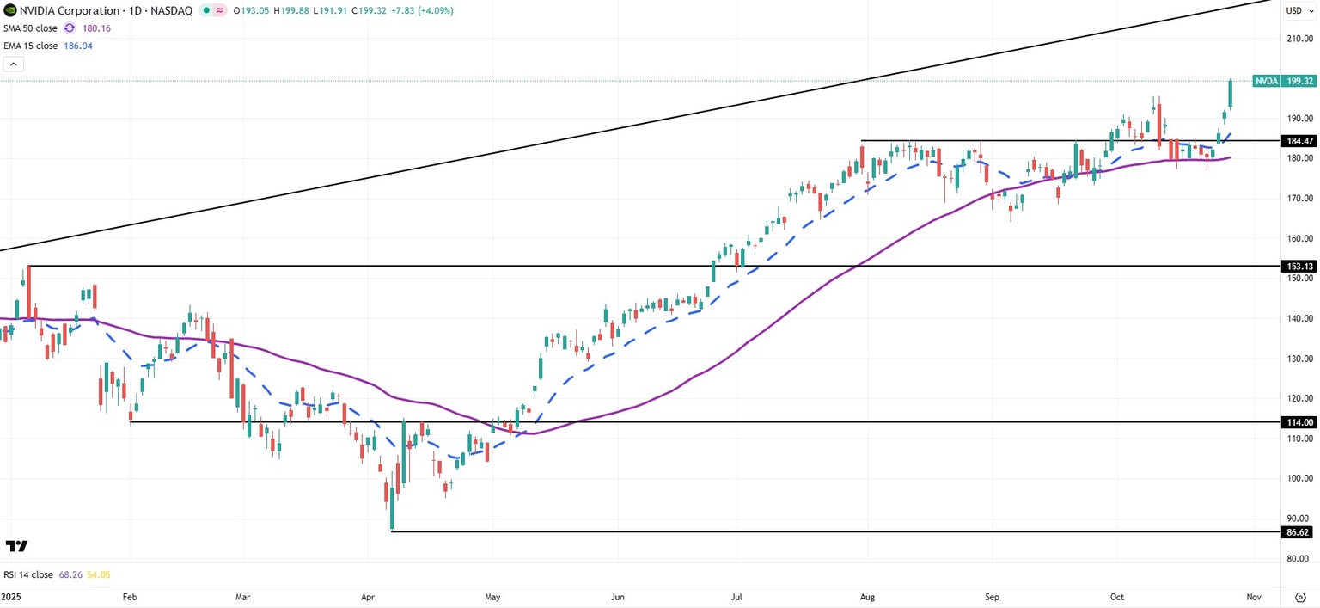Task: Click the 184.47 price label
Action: pyautogui.click(x=1298, y=141)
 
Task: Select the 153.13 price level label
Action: pyautogui.click(x=1298, y=267)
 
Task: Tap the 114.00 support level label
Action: pyautogui.click(x=1298, y=422)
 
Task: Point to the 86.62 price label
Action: pyautogui.click(x=1298, y=532)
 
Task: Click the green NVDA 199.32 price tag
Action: pyautogui.click(x=1284, y=81)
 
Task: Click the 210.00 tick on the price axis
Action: pyautogui.click(x=1298, y=39)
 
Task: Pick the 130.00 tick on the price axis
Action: pyautogui.click(x=1298, y=359)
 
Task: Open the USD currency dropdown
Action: pyautogui.click(x=1298, y=11)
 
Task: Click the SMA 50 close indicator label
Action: pyautogui.click(x=30, y=28)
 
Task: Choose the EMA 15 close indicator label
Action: pyautogui.click(x=30, y=46)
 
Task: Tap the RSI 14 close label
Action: pyautogui.click(x=28, y=574)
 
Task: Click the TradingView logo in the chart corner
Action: pyautogui.click(x=16, y=546)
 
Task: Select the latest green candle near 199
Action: pyautogui.click(x=1231, y=94)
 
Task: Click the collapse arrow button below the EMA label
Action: pyautogui.click(x=13, y=64)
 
